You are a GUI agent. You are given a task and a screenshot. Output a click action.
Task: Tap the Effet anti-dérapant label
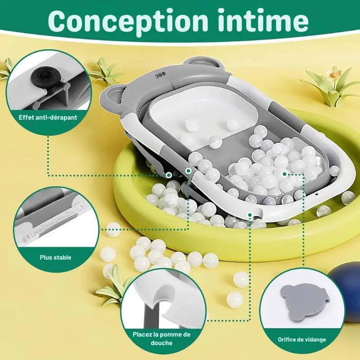tap(48, 117)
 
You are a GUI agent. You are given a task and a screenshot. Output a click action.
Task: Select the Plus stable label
tap(55, 257)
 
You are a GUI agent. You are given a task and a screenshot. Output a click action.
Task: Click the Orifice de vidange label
tap(301, 340)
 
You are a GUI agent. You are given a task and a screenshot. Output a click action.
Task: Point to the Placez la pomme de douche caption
tap(162, 338)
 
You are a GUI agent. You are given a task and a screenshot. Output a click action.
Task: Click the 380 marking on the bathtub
tap(161, 76)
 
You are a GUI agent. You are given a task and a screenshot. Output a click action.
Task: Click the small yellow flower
tap(334, 72)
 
